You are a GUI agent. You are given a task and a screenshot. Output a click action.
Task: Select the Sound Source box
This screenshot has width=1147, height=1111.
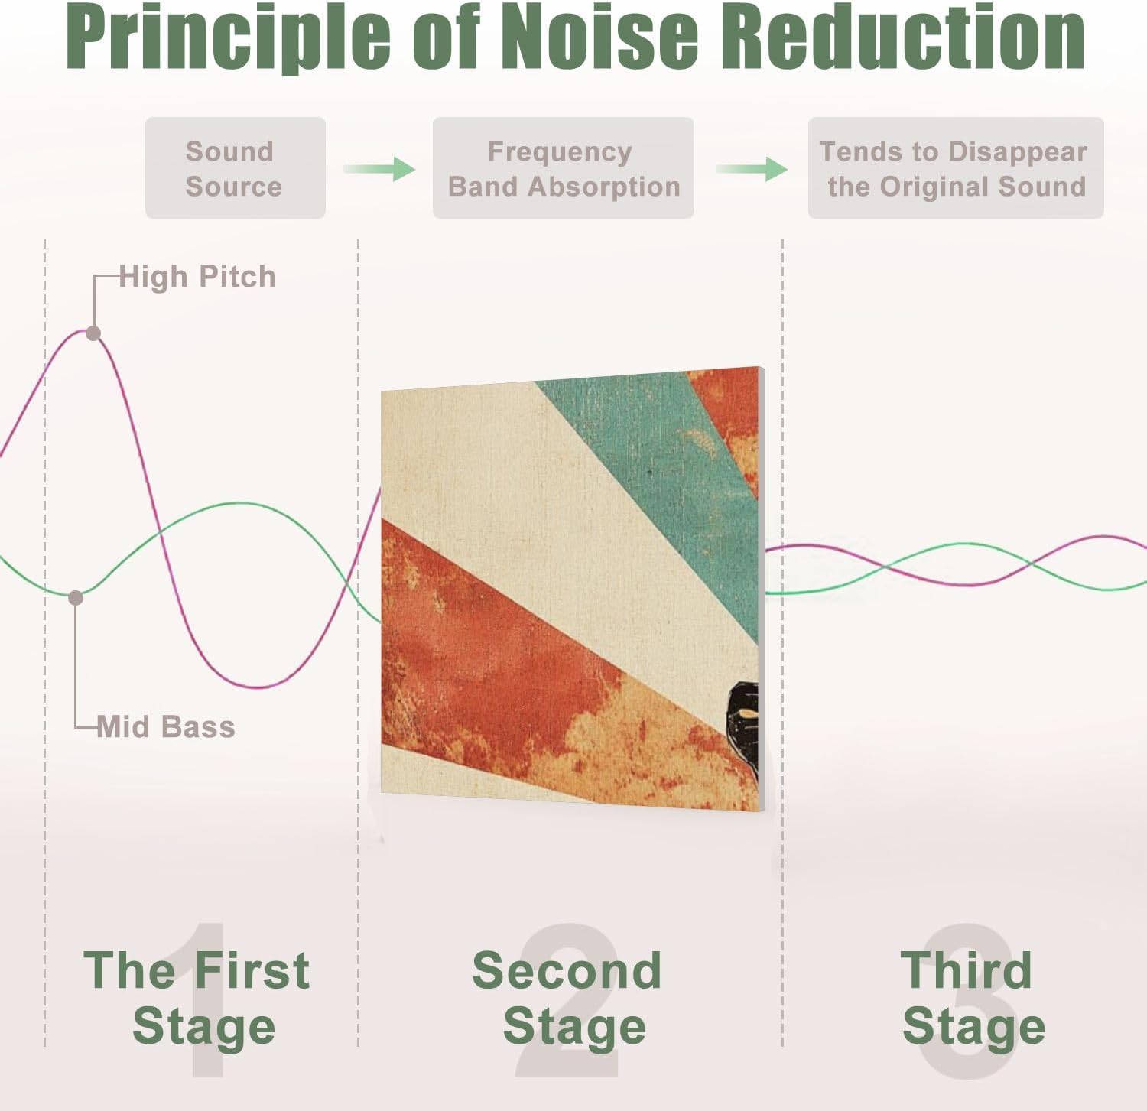coord(235,168)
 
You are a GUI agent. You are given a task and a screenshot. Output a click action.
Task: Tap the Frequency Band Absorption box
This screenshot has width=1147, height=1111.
coord(563,168)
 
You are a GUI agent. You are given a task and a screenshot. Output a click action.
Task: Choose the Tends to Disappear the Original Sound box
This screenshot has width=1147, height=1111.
coord(956,168)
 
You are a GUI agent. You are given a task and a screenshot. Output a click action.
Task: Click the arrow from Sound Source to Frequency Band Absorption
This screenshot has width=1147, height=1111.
coord(379,168)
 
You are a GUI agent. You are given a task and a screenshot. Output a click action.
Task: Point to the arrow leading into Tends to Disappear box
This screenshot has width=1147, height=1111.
coord(752,168)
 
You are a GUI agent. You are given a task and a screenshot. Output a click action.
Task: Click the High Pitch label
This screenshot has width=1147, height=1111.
coord(197,277)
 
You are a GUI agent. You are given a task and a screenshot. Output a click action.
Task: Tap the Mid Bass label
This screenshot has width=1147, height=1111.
coord(166,726)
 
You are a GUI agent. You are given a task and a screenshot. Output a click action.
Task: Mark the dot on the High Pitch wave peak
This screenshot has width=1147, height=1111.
coord(93,333)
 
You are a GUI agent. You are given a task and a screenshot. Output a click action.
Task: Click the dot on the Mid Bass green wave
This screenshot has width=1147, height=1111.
coord(76,598)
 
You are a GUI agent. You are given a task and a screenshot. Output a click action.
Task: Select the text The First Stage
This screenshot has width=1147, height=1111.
coord(197,997)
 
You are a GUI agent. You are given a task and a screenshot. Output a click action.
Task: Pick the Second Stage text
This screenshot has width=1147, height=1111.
coord(567,997)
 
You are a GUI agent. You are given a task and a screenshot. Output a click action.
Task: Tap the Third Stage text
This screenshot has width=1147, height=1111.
coord(971,997)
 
